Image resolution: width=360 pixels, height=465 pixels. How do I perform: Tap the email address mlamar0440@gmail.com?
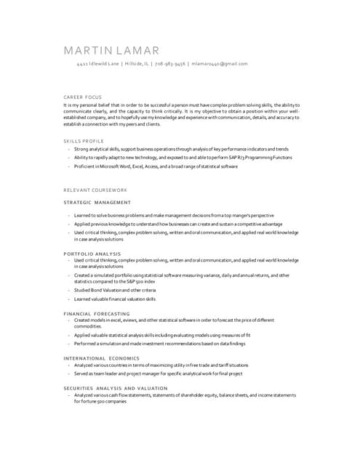pos(220,64)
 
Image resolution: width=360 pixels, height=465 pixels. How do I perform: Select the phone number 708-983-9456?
pos(169,64)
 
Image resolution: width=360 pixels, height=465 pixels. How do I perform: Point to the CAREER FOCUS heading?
pos(83,97)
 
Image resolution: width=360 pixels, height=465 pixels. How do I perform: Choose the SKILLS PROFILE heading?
pos(84,140)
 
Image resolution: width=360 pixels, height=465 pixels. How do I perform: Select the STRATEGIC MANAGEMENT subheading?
pos(97,202)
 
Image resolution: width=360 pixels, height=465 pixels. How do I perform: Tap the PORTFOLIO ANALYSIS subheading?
pos(92,253)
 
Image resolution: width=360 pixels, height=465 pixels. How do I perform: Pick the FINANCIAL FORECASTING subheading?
pos(97,312)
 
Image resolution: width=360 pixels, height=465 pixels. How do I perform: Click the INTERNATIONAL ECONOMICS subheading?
pos(101,358)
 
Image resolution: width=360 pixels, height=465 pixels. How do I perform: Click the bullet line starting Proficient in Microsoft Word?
pos(156,166)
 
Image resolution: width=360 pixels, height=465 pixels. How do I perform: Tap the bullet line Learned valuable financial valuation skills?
pos(115,299)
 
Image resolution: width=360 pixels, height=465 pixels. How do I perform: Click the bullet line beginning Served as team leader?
pos(158,373)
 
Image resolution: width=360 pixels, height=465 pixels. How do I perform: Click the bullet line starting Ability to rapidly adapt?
pos(183,158)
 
